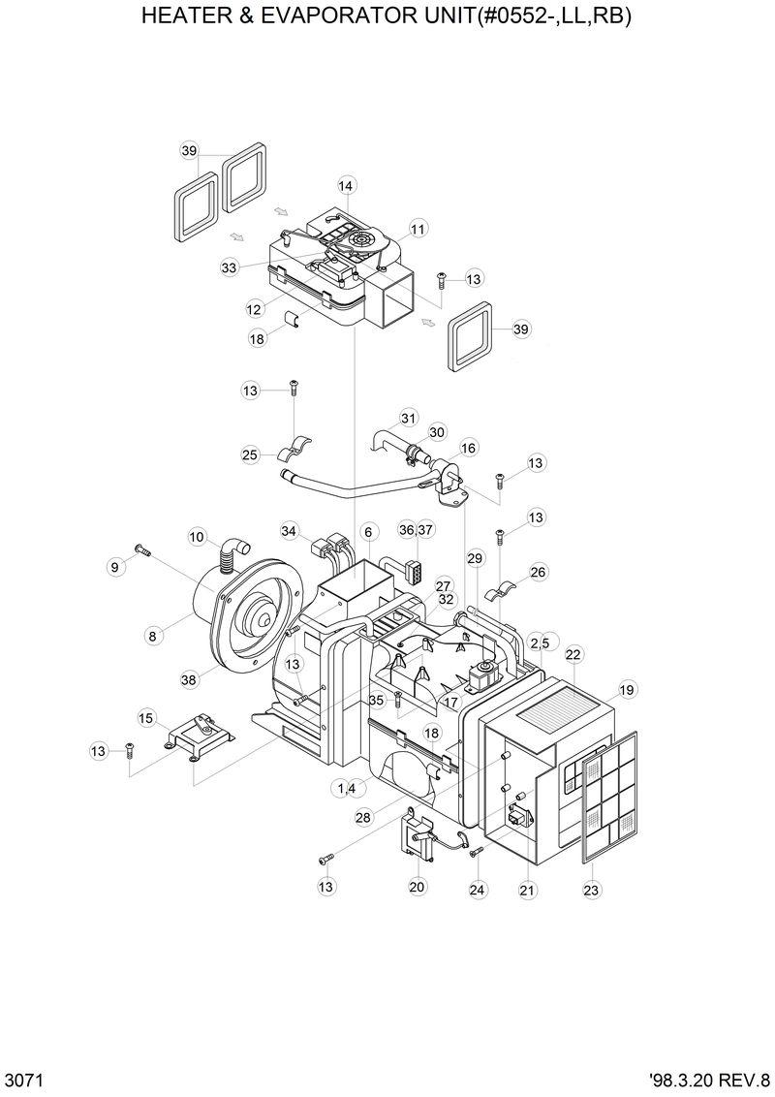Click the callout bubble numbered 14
[x=347, y=185]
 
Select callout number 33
[x=230, y=267]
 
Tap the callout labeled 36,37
[x=417, y=530]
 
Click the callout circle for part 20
[x=417, y=887]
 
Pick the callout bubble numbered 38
[x=189, y=679]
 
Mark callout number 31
[x=408, y=418]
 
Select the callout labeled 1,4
[x=346, y=789]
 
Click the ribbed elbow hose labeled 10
[x=232, y=555]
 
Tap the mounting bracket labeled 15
[x=201, y=734]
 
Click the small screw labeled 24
[x=476, y=852]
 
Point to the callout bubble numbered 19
[x=627, y=690]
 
